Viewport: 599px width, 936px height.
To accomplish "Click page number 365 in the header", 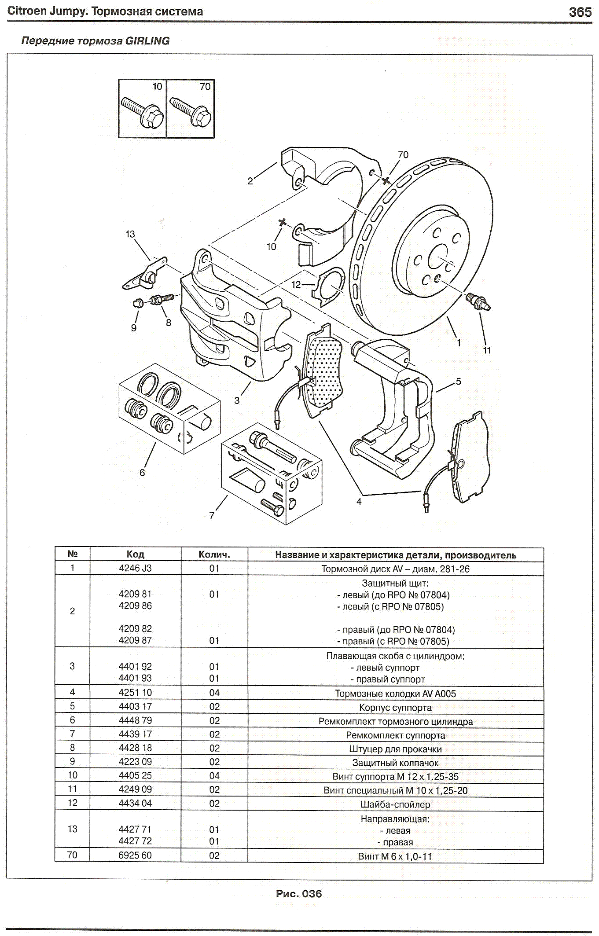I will pyautogui.click(x=580, y=12).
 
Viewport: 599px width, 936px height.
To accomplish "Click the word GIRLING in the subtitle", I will pyautogui.click(x=147, y=41).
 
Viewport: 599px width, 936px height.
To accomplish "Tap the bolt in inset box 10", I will pyautogui.click(x=143, y=110).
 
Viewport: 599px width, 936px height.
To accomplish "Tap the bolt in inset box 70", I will pyautogui.click(x=191, y=110).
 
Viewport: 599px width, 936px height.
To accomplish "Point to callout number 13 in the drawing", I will pyautogui.click(x=130, y=234).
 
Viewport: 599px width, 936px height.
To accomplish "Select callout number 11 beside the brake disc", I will pyautogui.click(x=487, y=350).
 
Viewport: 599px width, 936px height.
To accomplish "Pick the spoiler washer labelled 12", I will pyautogui.click(x=330, y=286).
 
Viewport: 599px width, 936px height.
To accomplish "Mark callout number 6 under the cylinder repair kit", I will pyautogui.click(x=142, y=473).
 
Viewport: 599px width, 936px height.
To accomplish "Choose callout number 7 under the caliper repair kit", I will pyautogui.click(x=212, y=515).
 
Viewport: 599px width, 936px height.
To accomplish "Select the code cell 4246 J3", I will pyautogui.click(x=135, y=568).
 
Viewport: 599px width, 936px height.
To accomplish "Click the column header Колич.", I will pyautogui.click(x=214, y=554).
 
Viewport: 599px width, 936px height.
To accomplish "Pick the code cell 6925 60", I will pyautogui.click(x=135, y=855).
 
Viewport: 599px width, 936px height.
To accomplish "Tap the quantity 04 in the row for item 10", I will pyautogui.click(x=214, y=775).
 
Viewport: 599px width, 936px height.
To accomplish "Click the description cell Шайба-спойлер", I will pyautogui.click(x=395, y=804).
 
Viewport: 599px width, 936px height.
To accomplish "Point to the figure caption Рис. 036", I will pyautogui.click(x=299, y=894).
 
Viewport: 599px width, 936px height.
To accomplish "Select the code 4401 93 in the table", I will pyautogui.click(x=135, y=678).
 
